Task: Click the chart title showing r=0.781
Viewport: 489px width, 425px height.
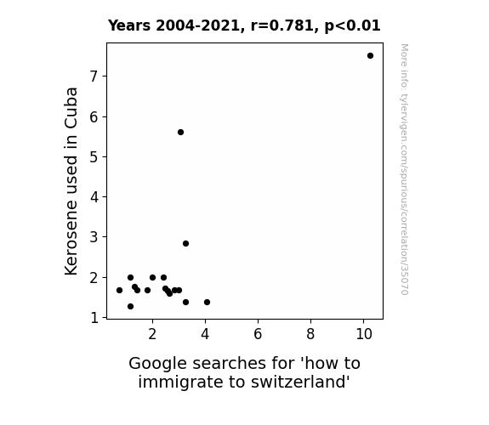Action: point(244,25)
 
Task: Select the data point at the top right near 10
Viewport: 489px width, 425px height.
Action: point(370,56)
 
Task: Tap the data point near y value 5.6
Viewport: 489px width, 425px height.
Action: point(180,133)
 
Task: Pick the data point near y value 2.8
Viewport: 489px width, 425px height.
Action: point(186,244)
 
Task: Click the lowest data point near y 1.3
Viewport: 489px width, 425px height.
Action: point(130,307)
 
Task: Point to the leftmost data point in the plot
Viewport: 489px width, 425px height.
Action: point(119,291)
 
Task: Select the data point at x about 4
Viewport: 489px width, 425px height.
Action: point(207,302)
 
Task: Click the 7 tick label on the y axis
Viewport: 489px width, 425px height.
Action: point(94,76)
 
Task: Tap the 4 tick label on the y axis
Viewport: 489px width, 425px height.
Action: point(94,197)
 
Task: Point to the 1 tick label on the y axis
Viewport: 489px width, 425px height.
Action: point(94,318)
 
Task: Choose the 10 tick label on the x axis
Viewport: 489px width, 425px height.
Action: point(364,334)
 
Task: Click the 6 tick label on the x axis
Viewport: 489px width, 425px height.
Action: point(258,334)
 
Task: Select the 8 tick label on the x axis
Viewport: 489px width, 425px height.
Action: point(310,334)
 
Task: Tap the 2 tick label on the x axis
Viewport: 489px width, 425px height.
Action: point(152,334)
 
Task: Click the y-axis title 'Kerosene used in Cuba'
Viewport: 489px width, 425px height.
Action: point(71,181)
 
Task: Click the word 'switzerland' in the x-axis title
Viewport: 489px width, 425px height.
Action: point(300,382)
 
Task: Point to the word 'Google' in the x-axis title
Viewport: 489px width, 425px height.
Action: point(158,364)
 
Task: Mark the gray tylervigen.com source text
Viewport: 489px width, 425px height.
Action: point(404,169)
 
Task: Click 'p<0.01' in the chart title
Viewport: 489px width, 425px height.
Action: point(352,25)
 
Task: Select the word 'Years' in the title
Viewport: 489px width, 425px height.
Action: point(129,25)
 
